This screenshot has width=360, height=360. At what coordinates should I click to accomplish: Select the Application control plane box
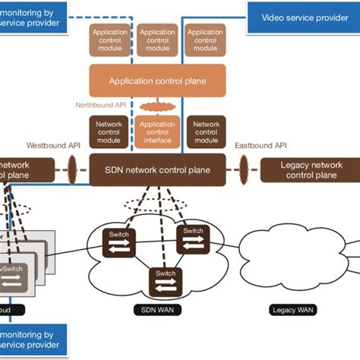(157, 80)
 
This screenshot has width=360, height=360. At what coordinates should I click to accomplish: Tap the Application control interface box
(157, 131)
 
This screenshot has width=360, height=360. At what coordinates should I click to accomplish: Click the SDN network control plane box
(157, 169)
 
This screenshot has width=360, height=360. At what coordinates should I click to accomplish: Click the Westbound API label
(52, 145)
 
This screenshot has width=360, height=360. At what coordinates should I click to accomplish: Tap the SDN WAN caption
(156, 310)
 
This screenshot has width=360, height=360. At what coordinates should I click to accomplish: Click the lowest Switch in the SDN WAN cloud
(166, 279)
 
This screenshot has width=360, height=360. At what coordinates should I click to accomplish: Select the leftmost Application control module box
(109, 40)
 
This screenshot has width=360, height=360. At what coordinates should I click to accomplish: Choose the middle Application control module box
(157, 40)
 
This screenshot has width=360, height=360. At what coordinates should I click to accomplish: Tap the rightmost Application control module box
(205, 40)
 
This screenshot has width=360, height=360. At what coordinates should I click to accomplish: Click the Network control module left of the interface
(109, 131)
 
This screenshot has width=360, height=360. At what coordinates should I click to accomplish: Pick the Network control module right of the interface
(206, 131)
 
